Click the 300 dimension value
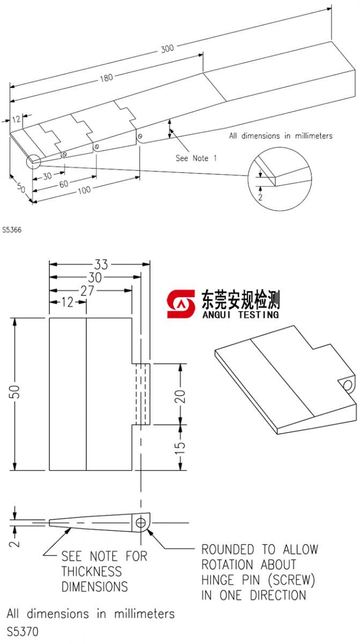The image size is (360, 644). pos(167,49)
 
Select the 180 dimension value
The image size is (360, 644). pos(106,78)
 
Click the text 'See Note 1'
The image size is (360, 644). pos(196,158)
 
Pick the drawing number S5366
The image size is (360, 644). pos(11,229)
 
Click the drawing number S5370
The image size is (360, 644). pos(23,632)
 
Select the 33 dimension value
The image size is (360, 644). pos(101,264)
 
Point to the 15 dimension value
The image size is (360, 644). pos(180,445)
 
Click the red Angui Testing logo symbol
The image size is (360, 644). pos(181,304)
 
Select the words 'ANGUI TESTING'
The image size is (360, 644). pos(240,314)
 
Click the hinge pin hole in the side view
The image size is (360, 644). pos(141,522)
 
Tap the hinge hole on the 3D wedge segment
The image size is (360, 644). pos(348,385)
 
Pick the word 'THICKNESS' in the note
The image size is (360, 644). pos(92,572)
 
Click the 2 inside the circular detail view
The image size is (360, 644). pos(260,197)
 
